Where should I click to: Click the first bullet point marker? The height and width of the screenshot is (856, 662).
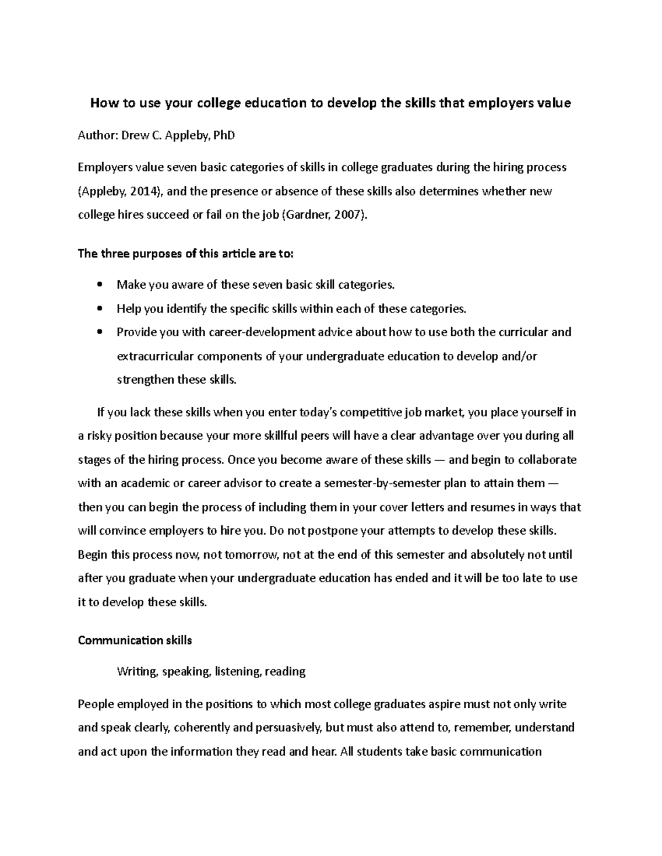[99, 285]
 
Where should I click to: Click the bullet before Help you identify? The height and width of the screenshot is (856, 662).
[99, 309]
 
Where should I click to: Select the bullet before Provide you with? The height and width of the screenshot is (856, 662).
[99, 333]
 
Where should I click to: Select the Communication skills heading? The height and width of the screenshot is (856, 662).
[135, 640]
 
